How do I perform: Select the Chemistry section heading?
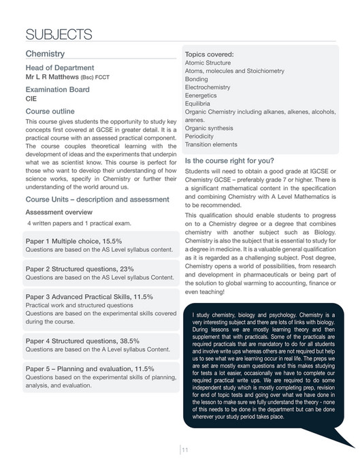point(45,53)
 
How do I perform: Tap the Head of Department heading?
point(59,67)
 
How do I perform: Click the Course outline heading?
point(54,111)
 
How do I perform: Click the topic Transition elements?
point(211,144)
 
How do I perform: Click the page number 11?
point(184,447)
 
